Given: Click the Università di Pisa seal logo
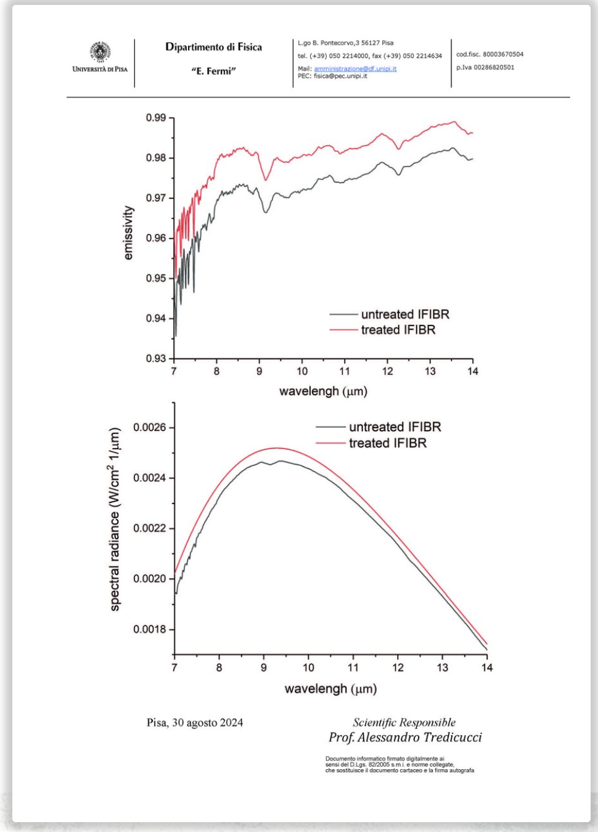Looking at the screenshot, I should (99, 52).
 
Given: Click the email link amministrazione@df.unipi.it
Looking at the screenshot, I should (355, 69).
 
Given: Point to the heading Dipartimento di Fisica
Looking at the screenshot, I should (213, 47).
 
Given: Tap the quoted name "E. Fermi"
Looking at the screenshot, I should (213, 71).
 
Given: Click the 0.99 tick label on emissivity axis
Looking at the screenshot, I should (156, 118).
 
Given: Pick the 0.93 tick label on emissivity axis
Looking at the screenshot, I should (156, 358).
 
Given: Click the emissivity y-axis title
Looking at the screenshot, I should (128, 233).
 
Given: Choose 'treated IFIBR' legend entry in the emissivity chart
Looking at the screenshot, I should (398, 330).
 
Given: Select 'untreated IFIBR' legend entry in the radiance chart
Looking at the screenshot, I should (395, 427).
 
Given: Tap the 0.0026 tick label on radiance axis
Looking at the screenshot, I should (150, 427).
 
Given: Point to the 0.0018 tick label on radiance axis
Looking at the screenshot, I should (150, 629).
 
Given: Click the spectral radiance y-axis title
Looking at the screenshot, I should (115, 520).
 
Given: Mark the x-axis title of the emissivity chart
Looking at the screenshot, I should (323, 391).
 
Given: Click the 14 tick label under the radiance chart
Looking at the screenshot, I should (487, 667).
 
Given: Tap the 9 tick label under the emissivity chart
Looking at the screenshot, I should (260, 371).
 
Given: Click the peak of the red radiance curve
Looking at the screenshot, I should (276, 448).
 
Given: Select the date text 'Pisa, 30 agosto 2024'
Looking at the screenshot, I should (195, 722).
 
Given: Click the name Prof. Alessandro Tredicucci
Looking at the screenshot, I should (405, 737).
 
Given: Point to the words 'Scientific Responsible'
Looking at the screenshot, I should (404, 722).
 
